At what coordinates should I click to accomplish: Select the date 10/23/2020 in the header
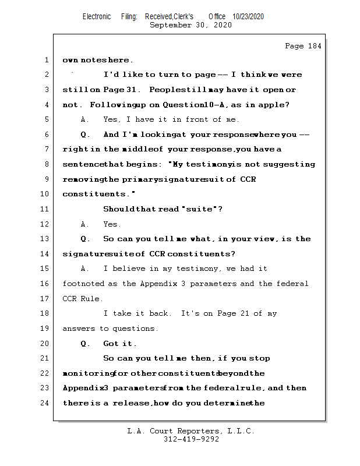248,17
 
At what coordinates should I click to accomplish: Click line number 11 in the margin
45,209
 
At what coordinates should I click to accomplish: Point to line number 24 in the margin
45,403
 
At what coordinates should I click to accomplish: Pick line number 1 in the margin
45,60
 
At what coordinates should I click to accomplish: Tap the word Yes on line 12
111,224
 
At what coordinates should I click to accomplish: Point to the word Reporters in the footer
193,431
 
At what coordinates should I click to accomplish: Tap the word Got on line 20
111,344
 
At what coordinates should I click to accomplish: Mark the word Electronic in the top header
97,17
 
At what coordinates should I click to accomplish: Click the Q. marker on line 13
85,239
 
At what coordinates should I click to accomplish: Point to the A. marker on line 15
85,269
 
